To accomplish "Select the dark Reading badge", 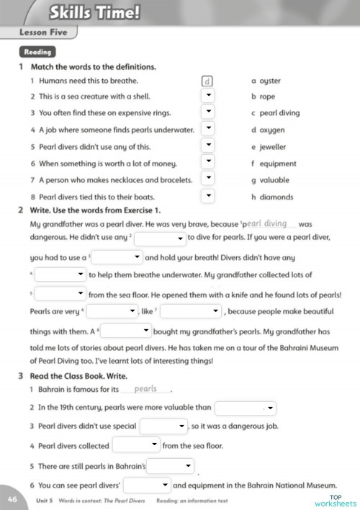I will click(37, 52).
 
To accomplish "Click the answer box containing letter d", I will click(207, 81).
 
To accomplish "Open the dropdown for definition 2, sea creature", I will click(207, 97).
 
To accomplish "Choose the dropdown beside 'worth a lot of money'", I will click(207, 162).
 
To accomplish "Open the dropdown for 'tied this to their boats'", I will click(207, 195).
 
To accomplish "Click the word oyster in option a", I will click(270, 81).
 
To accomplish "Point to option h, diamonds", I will click(276, 197).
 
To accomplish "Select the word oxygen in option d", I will click(272, 130).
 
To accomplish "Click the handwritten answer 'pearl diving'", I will click(266, 223).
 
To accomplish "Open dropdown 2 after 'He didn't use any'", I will click(160, 237).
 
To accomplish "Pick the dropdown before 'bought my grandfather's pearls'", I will click(127, 330).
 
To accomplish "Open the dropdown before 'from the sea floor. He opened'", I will click(60, 293).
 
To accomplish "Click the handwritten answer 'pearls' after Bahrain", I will click(145, 389).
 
